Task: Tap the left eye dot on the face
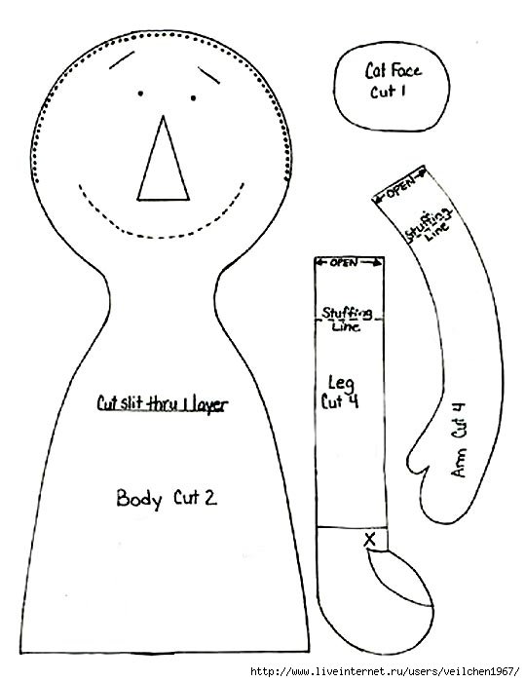tap(140, 94)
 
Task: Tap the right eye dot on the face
tap(193, 97)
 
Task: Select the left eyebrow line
tap(122, 59)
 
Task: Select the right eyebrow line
tap(208, 75)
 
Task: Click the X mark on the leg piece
tap(370, 540)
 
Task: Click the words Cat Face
tap(393, 70)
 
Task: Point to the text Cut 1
tap(388, 92)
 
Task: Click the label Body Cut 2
tap(167, 498)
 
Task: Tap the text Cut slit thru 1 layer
tap(163, 404)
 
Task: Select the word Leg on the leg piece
tap(342, 383)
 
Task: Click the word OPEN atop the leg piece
tap(344, 262)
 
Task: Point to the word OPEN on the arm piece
tap(400, 187)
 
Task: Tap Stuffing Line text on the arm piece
tap(429, 225)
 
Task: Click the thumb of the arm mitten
tap(417, 458)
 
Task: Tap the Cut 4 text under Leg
tap(340, 401)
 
